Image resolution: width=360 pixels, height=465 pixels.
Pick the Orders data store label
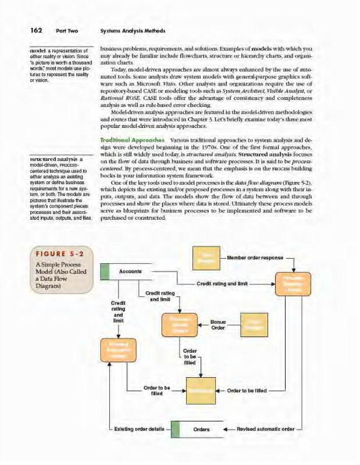(202, 431)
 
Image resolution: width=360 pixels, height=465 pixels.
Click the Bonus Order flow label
(218, 324)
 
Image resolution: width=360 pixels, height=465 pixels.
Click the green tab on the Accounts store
(105, 271)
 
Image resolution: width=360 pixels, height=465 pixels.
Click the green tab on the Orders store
(173, 431)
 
